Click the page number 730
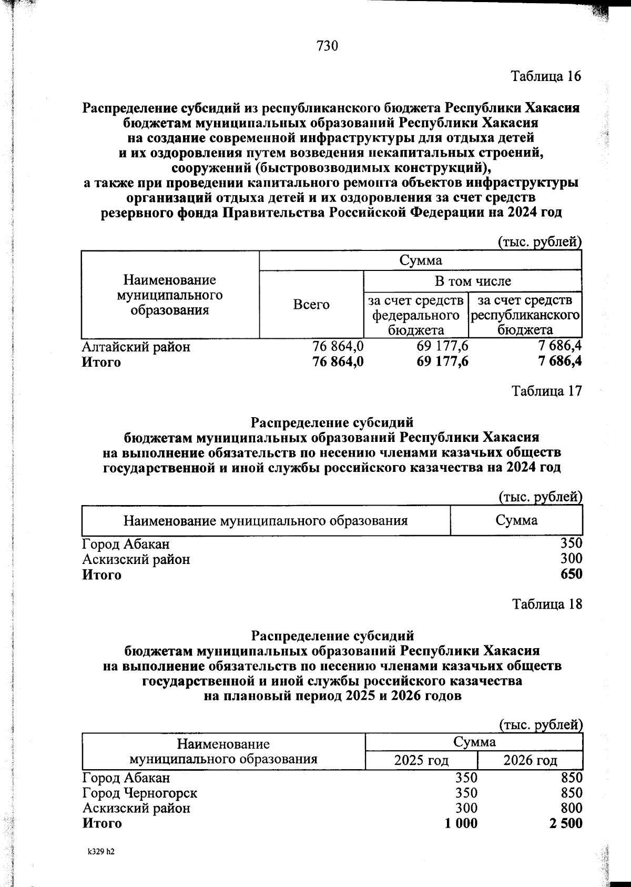[x=327, y=46]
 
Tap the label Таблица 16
[x=546, y=76]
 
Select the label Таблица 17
[x=547, y=391]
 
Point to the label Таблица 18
[x=547, y=604]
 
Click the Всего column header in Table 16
[x=311, y=305]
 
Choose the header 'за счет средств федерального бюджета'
[x=416, y=315]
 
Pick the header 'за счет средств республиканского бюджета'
[x=525, y=315]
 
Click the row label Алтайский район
[x=136, y=347]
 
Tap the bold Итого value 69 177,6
[x=443, y=362]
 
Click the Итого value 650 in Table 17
[x=571, y=574]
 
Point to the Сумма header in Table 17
[x=516, y=520]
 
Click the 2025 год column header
[x=421, y=760]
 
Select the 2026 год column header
[x=530, y=760]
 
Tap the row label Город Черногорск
[x=140, y=792]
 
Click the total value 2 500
[x=566, y=823]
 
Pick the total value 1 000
[x=461, y=823]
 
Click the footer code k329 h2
[x=101, y=852]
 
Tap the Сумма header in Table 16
[x=420, y=260]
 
